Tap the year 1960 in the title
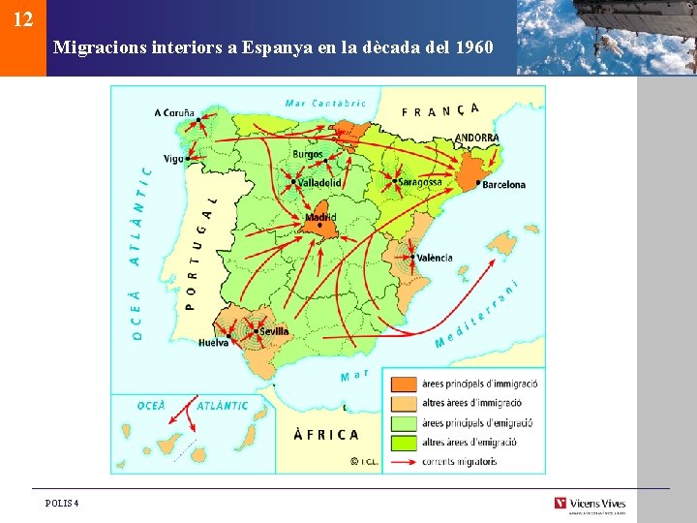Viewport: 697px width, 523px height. [473, 46]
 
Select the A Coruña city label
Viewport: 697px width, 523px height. [174, 112]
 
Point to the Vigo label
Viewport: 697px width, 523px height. [173, 159]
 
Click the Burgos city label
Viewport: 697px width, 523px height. [308, 154]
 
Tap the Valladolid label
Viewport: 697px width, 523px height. [319, 182]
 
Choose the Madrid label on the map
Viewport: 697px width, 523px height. [320, 218]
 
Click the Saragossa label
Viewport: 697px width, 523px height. [420, 182]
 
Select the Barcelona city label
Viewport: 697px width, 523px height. [503, 184]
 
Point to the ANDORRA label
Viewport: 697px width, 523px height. [477, 138]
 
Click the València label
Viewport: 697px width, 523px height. [435, 258]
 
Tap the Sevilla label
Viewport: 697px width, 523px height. [274, 331]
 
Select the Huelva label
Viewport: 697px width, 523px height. [214, 343]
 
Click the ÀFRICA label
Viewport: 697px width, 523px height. [325, 435]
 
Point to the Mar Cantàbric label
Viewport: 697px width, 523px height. [326, 103]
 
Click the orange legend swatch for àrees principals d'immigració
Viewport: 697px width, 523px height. [405, 385]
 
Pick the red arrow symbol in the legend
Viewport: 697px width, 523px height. [405, 462]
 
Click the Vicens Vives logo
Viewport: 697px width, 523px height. [590, 503]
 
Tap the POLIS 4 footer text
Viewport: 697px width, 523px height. [62, 503]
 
